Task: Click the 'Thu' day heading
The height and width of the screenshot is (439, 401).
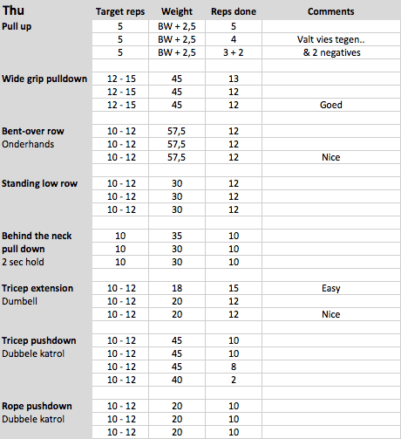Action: (x=15, y=12)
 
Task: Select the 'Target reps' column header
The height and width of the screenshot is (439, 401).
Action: (x=121, y=13)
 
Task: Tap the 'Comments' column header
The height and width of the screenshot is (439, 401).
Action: (x=330, y=13)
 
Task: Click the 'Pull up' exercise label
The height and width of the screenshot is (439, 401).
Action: (x=21, y=27)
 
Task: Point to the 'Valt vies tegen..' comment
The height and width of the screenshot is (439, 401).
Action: (x=330, y=40)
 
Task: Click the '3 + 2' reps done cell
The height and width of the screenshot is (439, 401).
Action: (x=233, y=53)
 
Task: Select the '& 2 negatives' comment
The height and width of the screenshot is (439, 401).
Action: (x=330, y=53)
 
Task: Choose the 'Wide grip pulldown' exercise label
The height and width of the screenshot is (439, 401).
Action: (x=44, y=79)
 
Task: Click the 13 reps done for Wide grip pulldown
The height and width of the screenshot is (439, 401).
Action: (x=233, y=79)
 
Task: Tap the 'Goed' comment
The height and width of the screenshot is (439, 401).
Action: (x=330, y=106)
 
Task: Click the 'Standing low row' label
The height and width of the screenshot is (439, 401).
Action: (x=39, y=184)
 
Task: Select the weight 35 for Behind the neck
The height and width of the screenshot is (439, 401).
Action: (x=177, y=237)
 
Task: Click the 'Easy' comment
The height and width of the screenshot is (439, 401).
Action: (x=330, y=289)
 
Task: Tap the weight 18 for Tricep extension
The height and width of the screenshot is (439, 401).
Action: (x=177, y=289)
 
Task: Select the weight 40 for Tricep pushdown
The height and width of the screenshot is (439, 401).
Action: (x=177, y=381)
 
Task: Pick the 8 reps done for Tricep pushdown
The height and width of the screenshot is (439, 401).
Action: (x=233, y=367)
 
